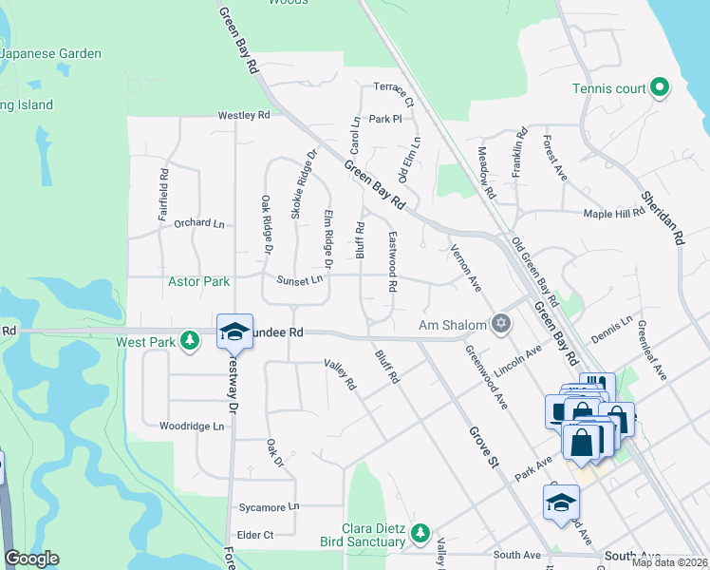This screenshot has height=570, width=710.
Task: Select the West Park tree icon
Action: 191,340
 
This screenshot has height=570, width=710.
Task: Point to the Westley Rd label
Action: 244,115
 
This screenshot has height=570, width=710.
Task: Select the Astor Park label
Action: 198,281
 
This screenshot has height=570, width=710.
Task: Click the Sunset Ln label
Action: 300,280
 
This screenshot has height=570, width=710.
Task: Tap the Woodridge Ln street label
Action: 192,427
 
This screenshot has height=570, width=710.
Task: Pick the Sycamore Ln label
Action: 269,507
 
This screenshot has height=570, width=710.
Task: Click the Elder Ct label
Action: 255,535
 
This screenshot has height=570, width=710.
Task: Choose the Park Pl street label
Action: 386,120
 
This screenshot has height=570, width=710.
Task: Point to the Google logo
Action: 31,559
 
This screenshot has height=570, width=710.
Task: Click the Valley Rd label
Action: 339,375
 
